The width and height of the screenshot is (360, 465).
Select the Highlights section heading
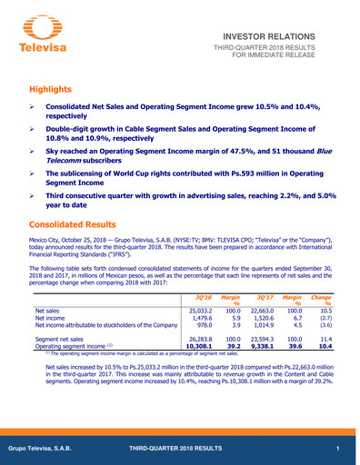[x=54, y=89]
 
